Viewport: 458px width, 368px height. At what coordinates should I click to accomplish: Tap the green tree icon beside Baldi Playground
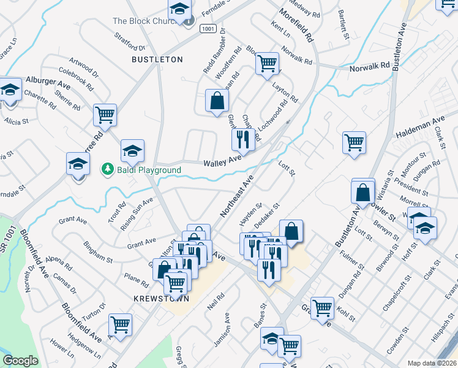[x=107, y=169]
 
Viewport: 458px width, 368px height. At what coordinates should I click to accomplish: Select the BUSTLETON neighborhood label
[x=157, y=59]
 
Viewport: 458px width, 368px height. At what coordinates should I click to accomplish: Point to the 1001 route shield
[x=208, y=28]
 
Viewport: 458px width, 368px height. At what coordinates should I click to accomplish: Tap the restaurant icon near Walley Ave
[x=243, y=139]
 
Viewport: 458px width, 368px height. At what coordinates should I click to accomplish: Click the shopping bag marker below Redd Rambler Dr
[x=217, y=101]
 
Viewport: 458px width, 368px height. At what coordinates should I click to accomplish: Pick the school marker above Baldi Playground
[x=132, y=150]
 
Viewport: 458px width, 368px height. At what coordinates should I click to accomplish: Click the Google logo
[x=20, y=361]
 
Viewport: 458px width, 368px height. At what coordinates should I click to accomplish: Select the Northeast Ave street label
[x=236, y=196]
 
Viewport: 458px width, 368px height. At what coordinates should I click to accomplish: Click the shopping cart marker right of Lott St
[x=354, y=143]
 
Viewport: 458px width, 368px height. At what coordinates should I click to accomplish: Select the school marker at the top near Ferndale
[x=179, y=9]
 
